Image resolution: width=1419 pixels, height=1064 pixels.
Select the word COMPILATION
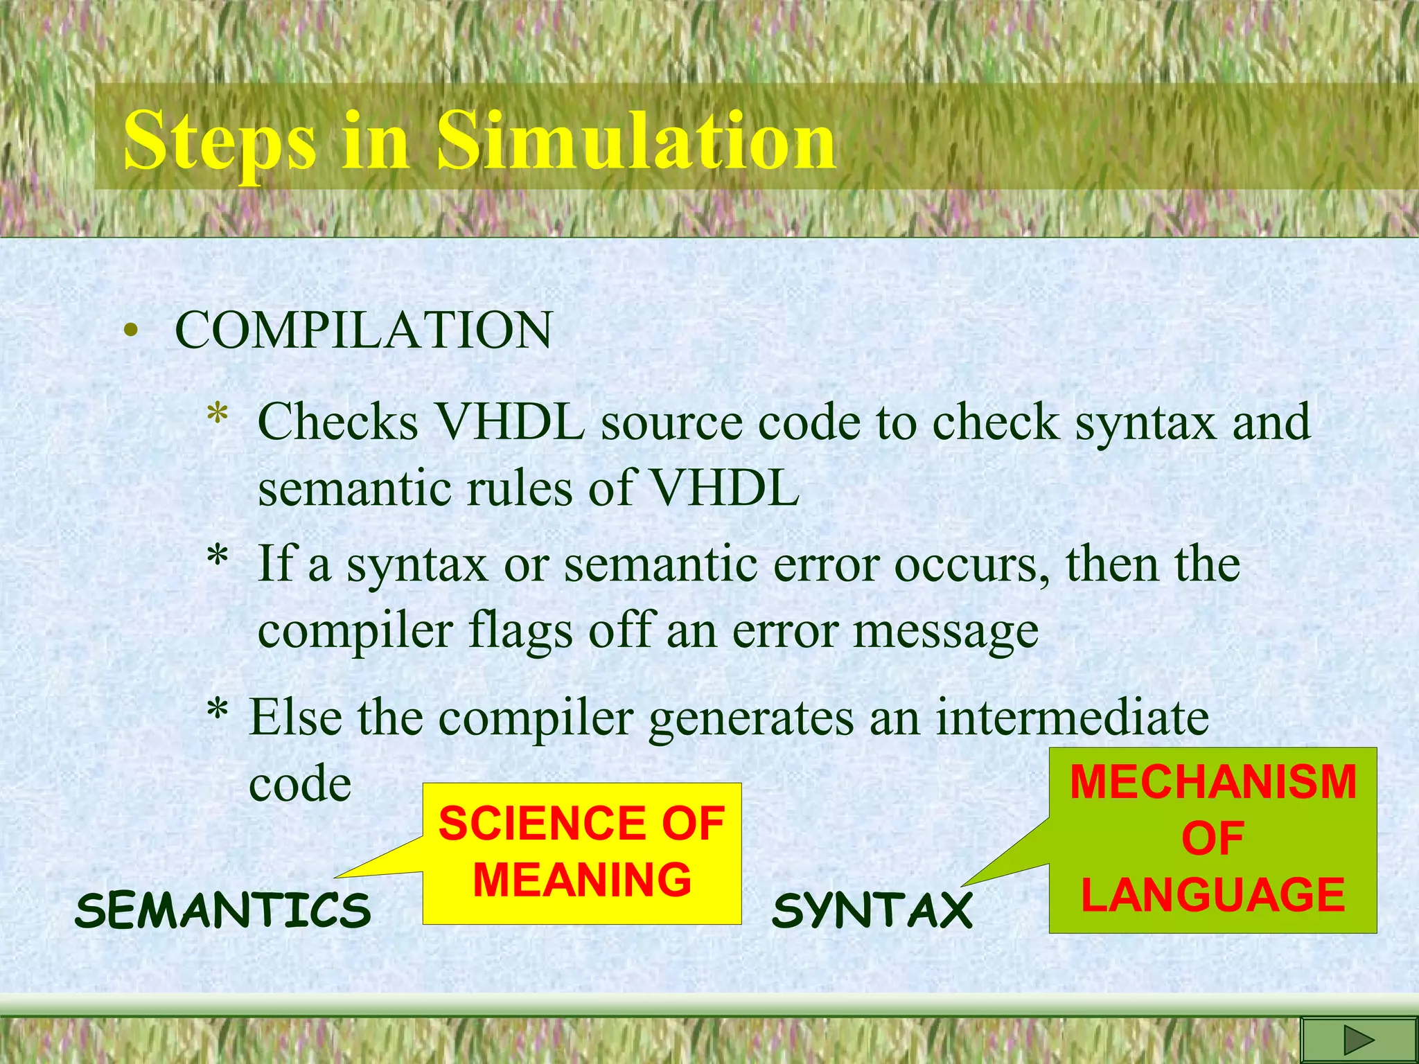pos(364,330)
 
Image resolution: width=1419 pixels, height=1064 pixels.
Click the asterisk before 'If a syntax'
pos(218,558)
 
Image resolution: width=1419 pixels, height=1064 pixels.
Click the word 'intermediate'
pos(1072,718)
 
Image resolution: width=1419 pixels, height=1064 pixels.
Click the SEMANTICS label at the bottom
pos(223,910)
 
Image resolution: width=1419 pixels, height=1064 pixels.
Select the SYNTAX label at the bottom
pos(872,910)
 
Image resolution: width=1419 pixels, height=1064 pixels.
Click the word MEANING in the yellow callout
pos(582,880)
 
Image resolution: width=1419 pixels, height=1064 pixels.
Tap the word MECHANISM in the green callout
pos(1213,782)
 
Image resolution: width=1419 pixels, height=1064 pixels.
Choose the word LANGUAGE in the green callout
pos(1213,895)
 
